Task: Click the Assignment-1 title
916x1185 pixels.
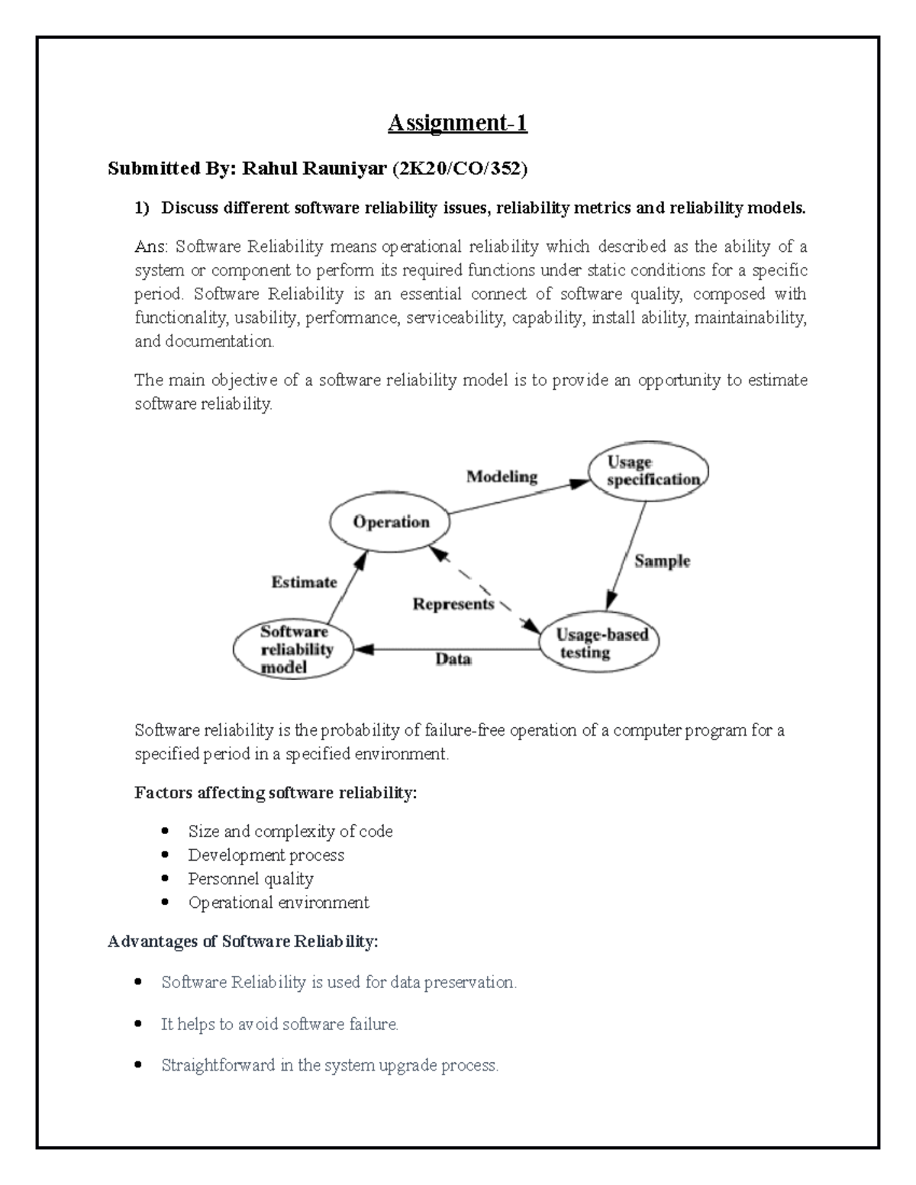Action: click(457, 123)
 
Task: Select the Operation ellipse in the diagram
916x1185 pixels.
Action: click(390, 523)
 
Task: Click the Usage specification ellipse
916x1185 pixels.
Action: click(648, 471)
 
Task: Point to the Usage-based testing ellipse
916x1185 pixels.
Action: click(599, 643)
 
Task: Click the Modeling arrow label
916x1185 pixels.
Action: click(502, 477)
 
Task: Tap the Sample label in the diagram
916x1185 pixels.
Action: click(662, 561)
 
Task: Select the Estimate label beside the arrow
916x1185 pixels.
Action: click(304, 582)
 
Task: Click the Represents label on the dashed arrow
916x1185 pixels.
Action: click(453, 604)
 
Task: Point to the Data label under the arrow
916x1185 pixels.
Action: click(453, 659)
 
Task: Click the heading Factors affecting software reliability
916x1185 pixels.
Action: click(276, 793)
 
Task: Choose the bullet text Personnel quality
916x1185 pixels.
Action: click(250, 879)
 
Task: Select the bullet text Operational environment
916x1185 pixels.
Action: click(279, 903)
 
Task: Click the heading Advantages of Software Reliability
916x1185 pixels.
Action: click(243, 942)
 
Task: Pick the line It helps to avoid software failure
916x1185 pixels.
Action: click(279, 1024)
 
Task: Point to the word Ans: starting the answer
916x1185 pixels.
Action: click(153, 246)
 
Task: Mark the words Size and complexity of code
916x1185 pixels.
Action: click(290, 831)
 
